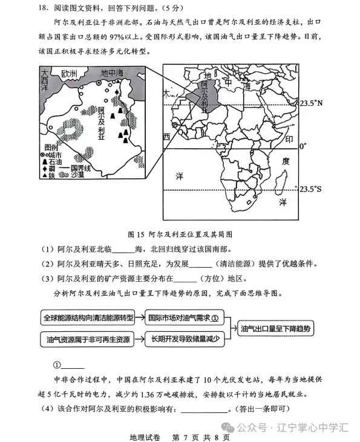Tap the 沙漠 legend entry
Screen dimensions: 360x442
76,175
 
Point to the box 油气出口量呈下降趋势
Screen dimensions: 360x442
275,328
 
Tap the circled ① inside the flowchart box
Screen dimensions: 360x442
214,317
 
